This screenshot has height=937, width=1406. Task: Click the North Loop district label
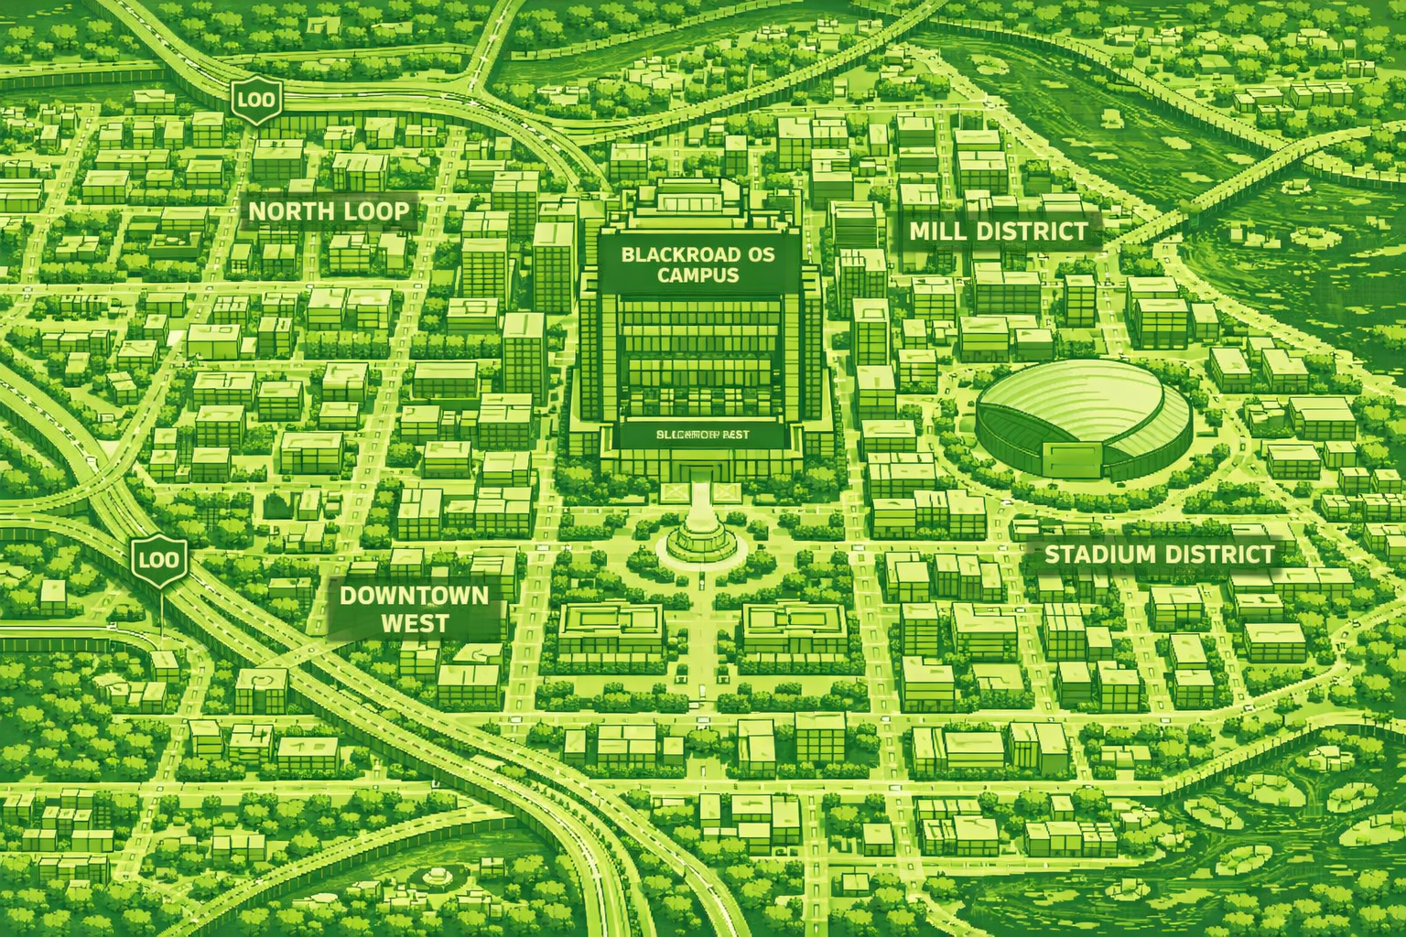point(329,212)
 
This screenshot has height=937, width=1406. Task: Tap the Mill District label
point(999,232)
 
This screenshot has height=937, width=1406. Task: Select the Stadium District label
point(1158,555)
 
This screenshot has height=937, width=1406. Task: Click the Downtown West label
point(414,609)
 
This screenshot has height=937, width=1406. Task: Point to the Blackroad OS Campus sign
point(698,264)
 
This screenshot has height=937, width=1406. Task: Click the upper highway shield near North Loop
point(254,99)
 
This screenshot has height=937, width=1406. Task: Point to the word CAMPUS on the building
point(698,275)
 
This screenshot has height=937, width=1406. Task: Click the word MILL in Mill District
point(938,232)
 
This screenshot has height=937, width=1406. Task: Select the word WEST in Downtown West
point(415,624)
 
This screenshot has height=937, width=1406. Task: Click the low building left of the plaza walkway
point(610,627)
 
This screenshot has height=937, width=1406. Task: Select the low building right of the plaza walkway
point(794,626)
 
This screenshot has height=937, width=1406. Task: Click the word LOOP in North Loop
point(374,212)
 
